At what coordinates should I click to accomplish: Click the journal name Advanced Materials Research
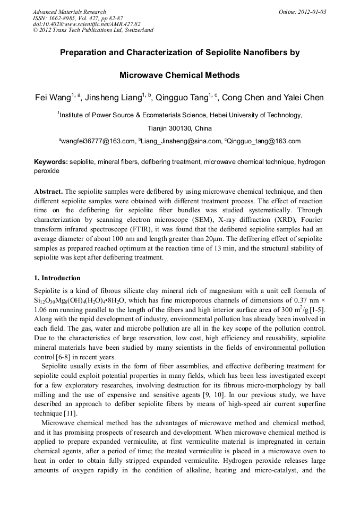click(x=69, y=12)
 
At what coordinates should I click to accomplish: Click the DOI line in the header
click(x=87, y=24)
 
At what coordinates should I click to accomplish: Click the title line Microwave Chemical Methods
click(x=179, y=75)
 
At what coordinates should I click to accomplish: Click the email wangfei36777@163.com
click(x=98, y=141)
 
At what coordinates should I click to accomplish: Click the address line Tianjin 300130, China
click(x=179, y=128)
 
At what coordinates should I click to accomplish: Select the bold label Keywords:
click(x=51, y=162)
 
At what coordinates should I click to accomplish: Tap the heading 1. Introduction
click(x=57, y=278)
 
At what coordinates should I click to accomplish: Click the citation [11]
click(x=69, y=413)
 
